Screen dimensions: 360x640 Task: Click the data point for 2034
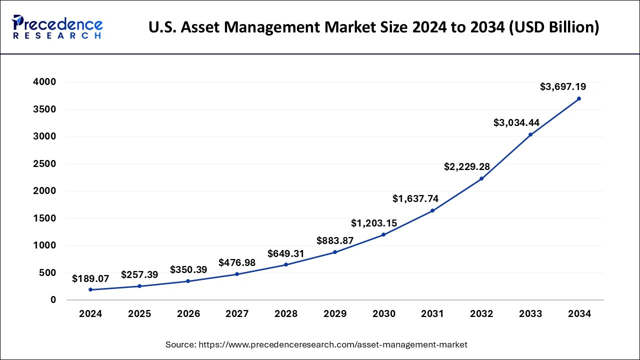(x=579, y=98)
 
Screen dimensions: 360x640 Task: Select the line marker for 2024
(x=90, y=289)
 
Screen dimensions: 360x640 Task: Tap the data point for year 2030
(x=383, y=234)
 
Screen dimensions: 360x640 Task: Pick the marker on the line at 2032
(x=481, y=178)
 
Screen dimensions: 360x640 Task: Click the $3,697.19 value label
(x=563, y=87)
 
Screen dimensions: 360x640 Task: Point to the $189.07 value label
(x=90, y=278)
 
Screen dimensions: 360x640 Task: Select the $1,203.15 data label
(x=374, y=223)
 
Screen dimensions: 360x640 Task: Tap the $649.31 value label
(x=286, y=253)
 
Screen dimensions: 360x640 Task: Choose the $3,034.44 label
(x=516, y=122)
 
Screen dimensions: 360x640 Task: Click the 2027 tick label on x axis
(x=237, y=314)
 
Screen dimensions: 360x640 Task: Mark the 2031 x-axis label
(x=432, y=314)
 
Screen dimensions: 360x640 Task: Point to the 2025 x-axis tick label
(x=139, y=314)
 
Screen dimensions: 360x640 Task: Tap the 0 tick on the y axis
(x=53, y=300)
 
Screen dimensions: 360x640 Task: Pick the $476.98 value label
(x=237, y=262)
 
